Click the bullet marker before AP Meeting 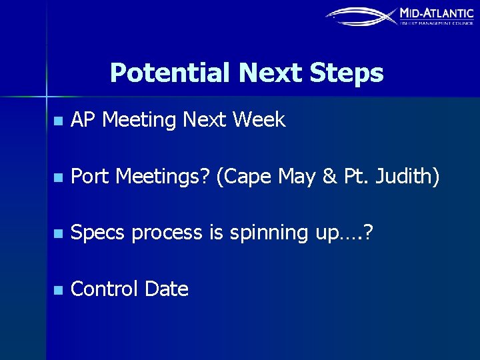tap(58, 121)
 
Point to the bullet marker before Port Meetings tap(58, 178)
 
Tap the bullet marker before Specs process tap(58, 234)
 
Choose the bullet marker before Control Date tap(58, 291)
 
